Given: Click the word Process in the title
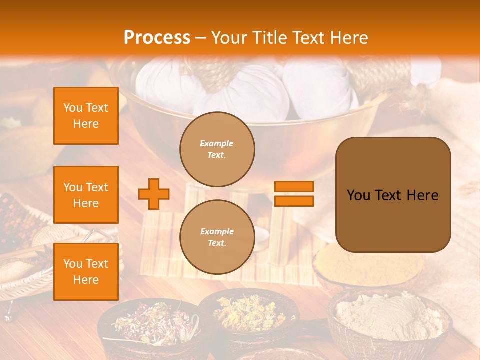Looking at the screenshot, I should (157, 38).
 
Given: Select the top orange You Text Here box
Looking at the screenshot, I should (86, 116).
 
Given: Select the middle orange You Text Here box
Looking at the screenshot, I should (86, 195).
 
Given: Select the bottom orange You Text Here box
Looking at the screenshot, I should (86, 272).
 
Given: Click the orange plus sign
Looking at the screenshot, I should (154, 194).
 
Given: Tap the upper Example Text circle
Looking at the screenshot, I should (217, 149).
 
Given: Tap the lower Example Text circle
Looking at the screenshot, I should (217, 237).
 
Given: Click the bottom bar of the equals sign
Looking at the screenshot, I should (294, 201).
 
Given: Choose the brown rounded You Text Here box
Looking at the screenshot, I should (393, 195).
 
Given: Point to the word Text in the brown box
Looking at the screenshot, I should (391, 195).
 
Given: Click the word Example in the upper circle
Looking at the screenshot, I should (217, 143).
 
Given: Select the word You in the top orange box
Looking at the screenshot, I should (72, 108).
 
